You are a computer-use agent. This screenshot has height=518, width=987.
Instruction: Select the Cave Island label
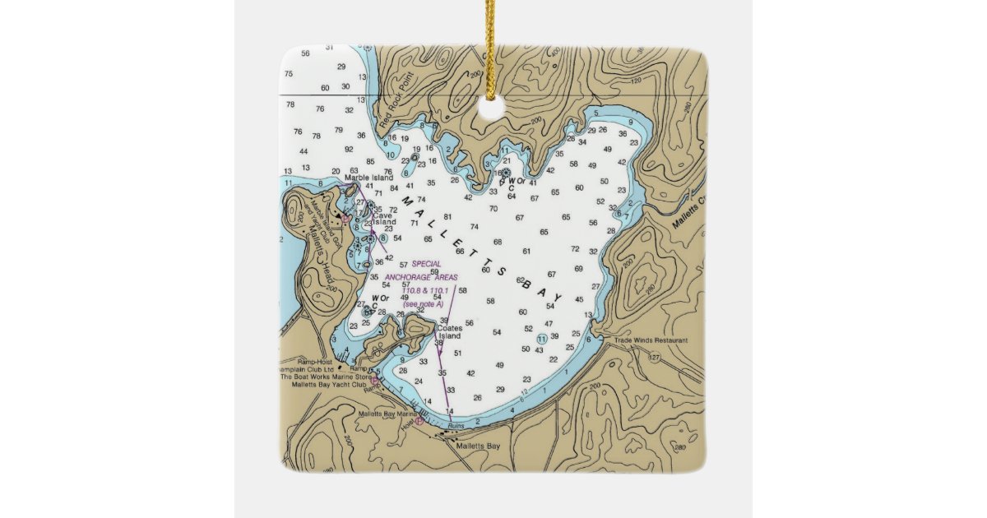coord(384,218)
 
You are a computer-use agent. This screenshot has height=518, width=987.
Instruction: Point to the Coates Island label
coord(449,332)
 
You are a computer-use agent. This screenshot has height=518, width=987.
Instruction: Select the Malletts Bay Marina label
coord(388,414)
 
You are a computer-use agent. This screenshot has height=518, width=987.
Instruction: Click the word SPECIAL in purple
coord(426,264)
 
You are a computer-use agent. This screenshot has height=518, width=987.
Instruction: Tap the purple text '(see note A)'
coord(423,304)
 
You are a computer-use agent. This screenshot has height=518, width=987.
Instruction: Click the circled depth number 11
coord(541,339)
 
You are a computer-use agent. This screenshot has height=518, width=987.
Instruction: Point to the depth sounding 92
coord(349,149)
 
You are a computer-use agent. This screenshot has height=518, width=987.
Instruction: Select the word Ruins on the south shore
coord(456,424)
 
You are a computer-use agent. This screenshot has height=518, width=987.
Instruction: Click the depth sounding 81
coord(447,217)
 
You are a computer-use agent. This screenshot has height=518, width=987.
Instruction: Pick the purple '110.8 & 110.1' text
coord(424,290)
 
